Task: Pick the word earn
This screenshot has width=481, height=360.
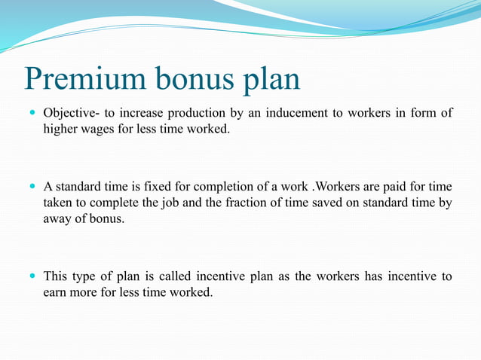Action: [x=55, y=291]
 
